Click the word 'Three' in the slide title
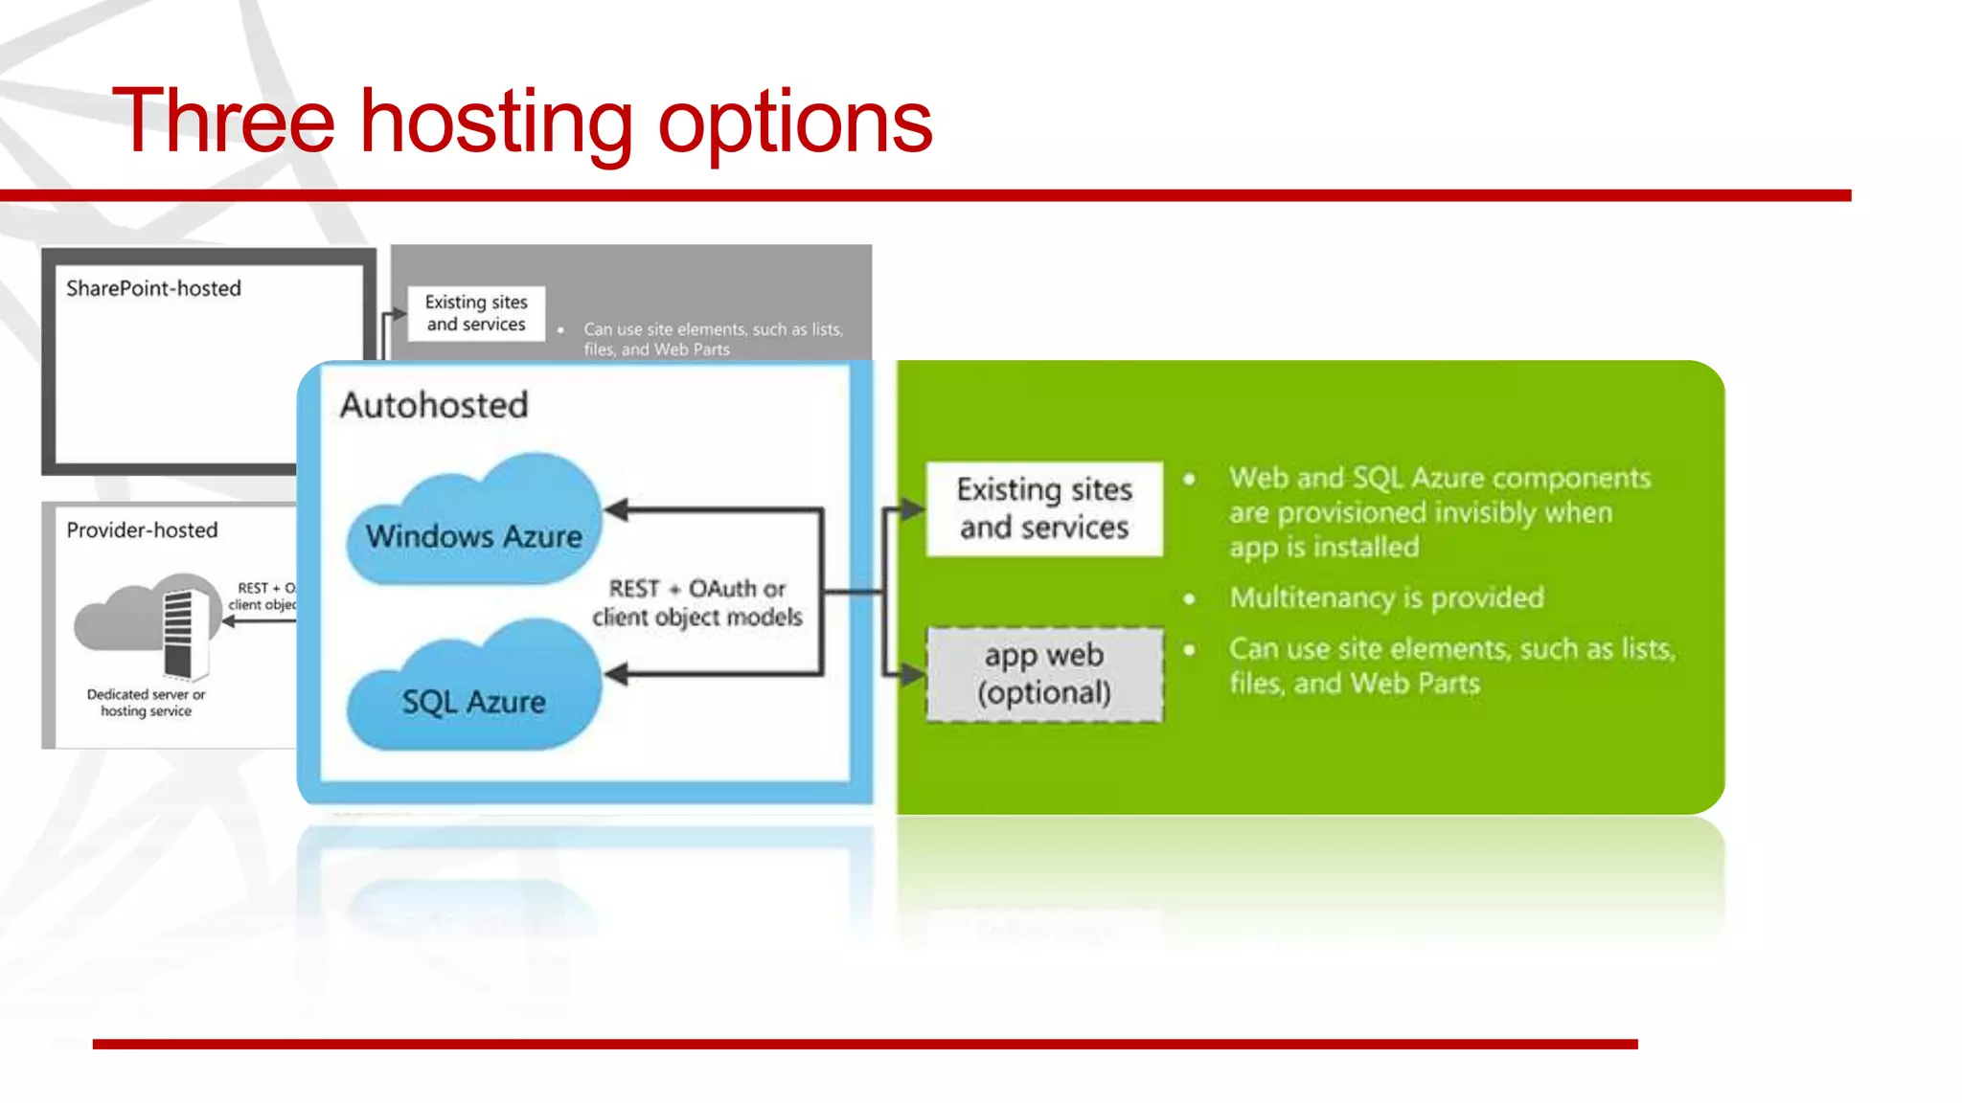223,122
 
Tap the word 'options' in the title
794,124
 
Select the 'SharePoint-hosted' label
153,288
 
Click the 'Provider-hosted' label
142,530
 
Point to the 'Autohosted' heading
434,405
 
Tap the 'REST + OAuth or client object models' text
697,602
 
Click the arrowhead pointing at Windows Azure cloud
617,510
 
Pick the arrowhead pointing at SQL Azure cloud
617,675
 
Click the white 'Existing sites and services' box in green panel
1044,508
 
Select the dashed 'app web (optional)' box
1044,674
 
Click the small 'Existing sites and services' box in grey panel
476,313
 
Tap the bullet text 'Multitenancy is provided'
1386,597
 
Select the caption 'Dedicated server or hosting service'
146,703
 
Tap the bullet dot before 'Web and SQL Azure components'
1189,479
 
